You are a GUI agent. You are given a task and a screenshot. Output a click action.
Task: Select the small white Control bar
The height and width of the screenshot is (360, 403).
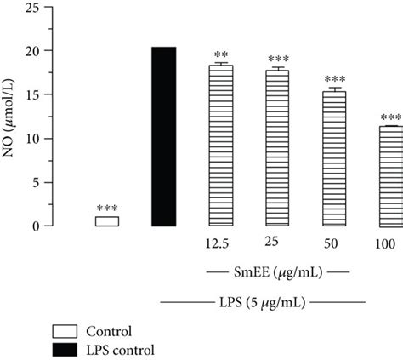click(106, 221)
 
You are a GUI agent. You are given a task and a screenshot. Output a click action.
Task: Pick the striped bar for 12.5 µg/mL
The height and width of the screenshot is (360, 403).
click(220, 146)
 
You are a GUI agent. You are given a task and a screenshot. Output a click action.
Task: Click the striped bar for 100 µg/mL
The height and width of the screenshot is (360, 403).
click(389, 175)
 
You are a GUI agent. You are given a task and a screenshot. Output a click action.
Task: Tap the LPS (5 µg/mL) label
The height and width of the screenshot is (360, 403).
click(264, 302)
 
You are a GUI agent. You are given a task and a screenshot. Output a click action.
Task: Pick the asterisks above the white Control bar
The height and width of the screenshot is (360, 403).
click(106, 209)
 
